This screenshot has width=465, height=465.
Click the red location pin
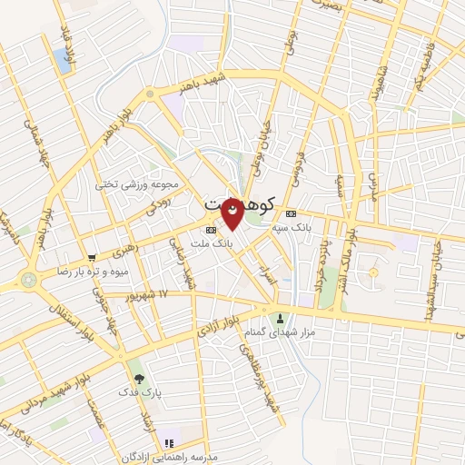pyautogui.click(x=233, y=210)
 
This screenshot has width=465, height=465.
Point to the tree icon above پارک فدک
pyautogui.click(x=138, y=379)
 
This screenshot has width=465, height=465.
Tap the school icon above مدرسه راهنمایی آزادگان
pyautogui.click(x=167, y=443)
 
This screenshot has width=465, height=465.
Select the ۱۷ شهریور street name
pyautogui.click(x=150, y=295)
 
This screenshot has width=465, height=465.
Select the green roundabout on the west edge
pyautogui.click(x=27, y=281)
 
